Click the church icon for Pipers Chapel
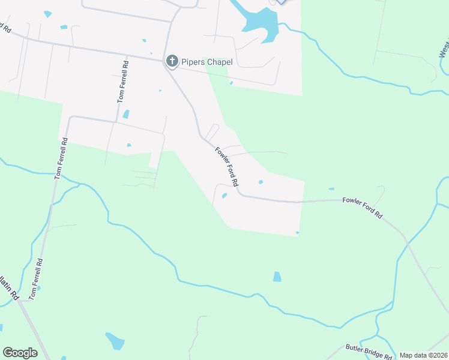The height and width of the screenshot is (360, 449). [172, 61]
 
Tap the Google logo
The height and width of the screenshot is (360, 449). [20, 352]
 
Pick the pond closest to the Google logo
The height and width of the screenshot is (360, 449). [115, 341]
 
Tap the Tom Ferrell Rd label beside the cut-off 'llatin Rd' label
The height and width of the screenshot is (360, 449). [37, 279]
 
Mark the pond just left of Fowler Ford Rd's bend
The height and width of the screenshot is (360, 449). [224, 195]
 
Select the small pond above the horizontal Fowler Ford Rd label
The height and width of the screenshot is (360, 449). [331, 189]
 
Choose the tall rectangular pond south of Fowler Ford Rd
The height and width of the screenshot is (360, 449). [277, 277]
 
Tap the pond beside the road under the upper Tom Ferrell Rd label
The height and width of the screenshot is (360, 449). [125, 114]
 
